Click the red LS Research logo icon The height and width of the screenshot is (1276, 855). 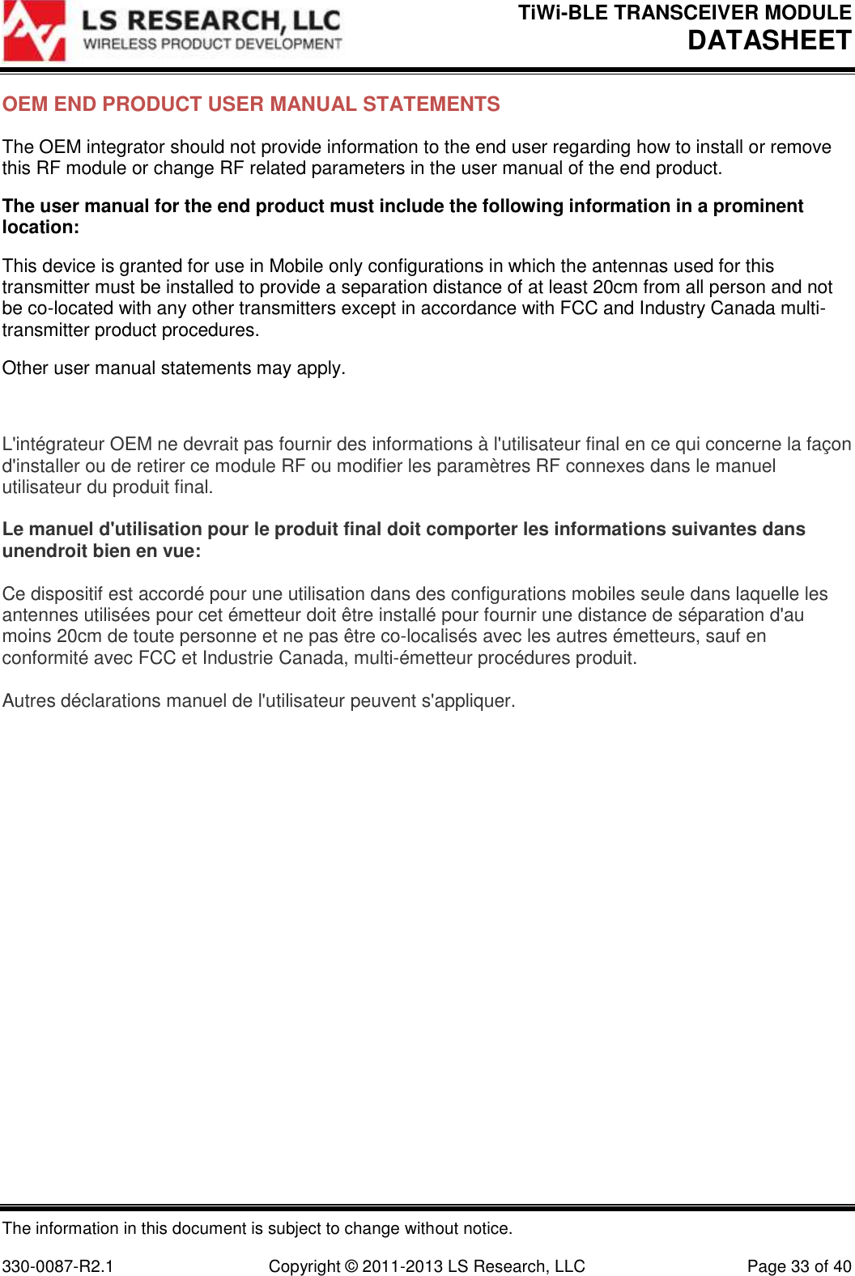point(34,32)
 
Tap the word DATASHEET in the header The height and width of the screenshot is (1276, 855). point(769,40)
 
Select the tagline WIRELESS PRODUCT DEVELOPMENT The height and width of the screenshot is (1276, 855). point(213,44)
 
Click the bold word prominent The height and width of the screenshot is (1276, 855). point(758,206)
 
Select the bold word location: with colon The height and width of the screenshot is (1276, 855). point(40,228)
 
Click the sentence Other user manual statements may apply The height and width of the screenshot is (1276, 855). point(174,368)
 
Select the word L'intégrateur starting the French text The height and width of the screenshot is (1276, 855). point(53,444)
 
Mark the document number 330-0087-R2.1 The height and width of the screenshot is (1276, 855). point(58,1266)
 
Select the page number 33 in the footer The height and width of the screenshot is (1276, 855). point(800,1266)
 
